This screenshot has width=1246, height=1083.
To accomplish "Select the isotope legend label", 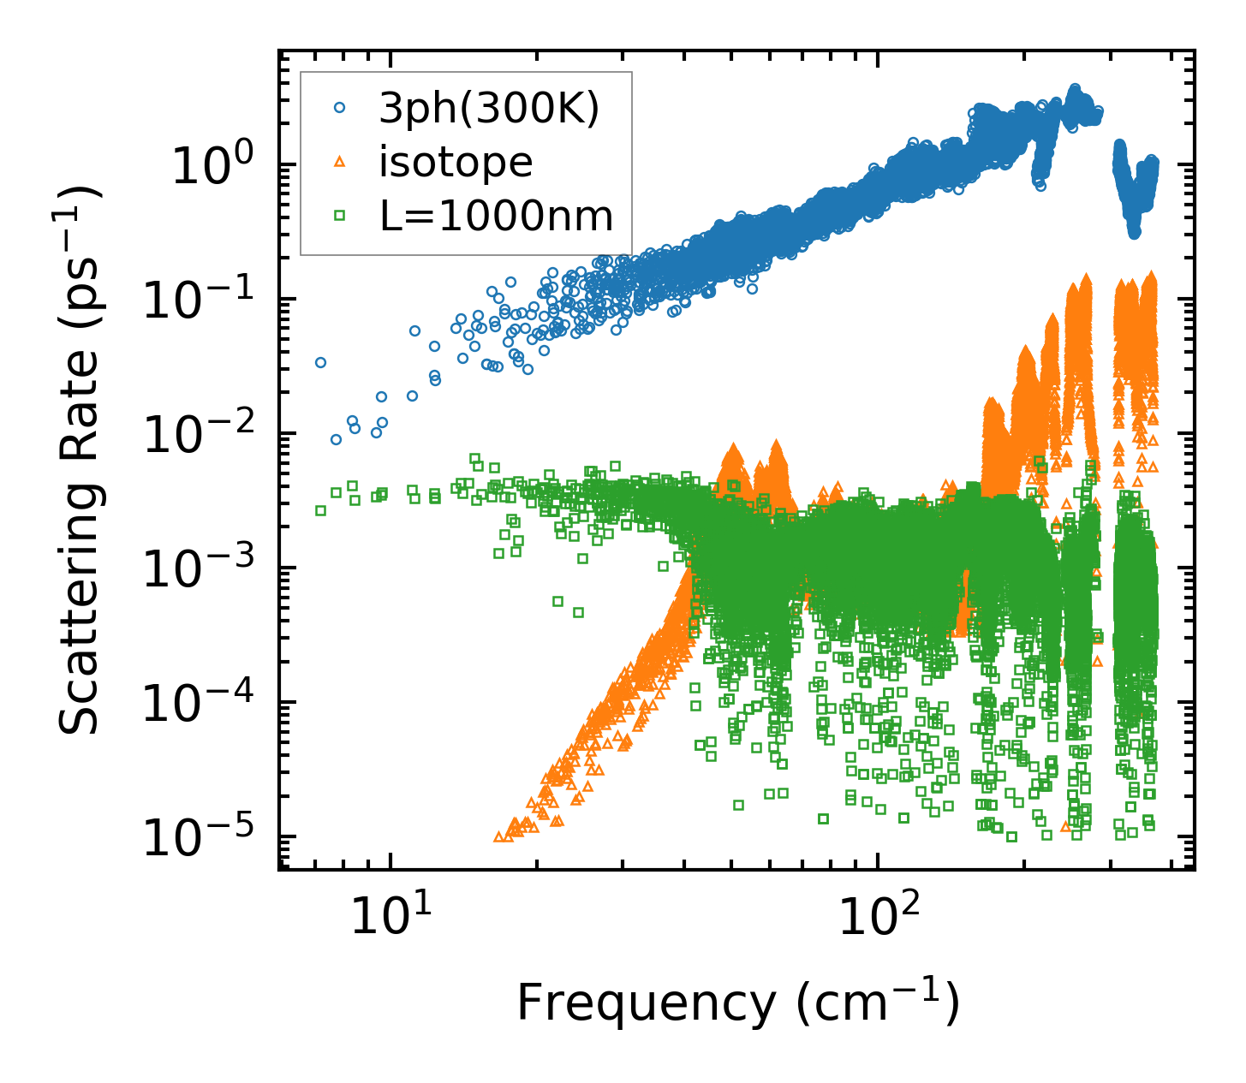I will point(456,162).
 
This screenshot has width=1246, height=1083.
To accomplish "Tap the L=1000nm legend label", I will point(497,217).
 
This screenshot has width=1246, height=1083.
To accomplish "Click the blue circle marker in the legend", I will point(340,108).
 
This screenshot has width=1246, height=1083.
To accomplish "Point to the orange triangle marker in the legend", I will point(340,162).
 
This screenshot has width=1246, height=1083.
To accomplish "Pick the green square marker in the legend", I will point(340,217).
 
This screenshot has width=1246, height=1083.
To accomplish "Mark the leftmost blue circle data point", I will point(320,362).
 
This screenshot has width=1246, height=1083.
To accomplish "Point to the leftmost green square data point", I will point(320,510).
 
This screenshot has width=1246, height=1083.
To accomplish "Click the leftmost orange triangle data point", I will point(499,836).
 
